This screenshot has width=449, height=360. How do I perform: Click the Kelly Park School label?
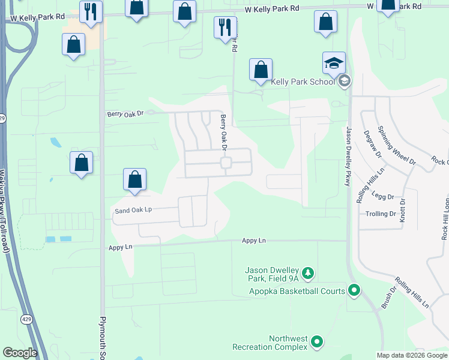303,82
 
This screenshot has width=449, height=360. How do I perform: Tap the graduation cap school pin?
334,63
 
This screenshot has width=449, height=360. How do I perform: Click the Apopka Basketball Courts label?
297,292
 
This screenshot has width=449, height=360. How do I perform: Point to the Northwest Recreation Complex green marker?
317,343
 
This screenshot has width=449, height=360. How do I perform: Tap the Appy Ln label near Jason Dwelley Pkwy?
254,241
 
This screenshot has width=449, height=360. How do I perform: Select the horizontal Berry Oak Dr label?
125,113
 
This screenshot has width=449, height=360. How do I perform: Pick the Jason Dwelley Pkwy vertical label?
348,157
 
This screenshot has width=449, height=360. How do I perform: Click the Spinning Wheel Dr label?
396,145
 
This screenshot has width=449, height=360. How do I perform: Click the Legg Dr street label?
382,196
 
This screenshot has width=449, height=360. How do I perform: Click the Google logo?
20,353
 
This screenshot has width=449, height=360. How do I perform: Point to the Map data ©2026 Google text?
411,355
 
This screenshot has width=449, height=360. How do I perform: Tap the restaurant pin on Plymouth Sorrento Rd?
91,12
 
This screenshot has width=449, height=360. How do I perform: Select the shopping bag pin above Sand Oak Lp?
135,179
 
